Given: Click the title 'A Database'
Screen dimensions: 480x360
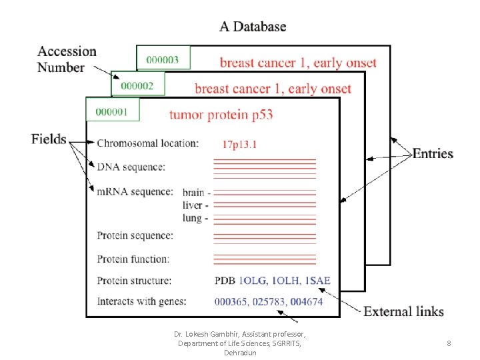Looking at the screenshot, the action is pos(253,27).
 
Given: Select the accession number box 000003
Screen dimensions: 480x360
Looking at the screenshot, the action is pos(163,57).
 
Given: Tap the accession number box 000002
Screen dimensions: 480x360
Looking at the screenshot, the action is pos(138,83).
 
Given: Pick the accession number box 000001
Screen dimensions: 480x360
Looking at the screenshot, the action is pos(113,109).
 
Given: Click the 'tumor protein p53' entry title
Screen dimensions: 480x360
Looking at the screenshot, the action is pos(221,115).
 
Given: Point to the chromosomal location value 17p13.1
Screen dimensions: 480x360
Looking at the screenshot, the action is pos(239,144).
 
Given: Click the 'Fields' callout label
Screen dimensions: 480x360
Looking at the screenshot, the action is pos(49,139).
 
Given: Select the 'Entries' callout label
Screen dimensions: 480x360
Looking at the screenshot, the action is pos(433,154).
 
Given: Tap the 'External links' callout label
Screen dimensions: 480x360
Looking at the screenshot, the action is pos(403,311).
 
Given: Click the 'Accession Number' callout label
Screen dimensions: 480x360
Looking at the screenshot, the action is pos(67,59).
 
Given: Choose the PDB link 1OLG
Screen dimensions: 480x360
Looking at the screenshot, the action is pos(253,281).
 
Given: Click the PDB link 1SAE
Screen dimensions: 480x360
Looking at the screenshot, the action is pos(318,281).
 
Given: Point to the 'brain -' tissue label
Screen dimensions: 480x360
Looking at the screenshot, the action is pos(196,193).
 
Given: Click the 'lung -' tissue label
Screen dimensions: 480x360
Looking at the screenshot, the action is pos(195,218).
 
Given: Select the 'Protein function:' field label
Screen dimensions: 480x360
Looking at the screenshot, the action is pos(133,259).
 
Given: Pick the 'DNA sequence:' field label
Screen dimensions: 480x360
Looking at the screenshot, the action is pos(131,167).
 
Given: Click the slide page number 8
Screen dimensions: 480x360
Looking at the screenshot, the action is pos(449,343).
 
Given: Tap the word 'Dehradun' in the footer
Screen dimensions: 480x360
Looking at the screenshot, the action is pos(240,353).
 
